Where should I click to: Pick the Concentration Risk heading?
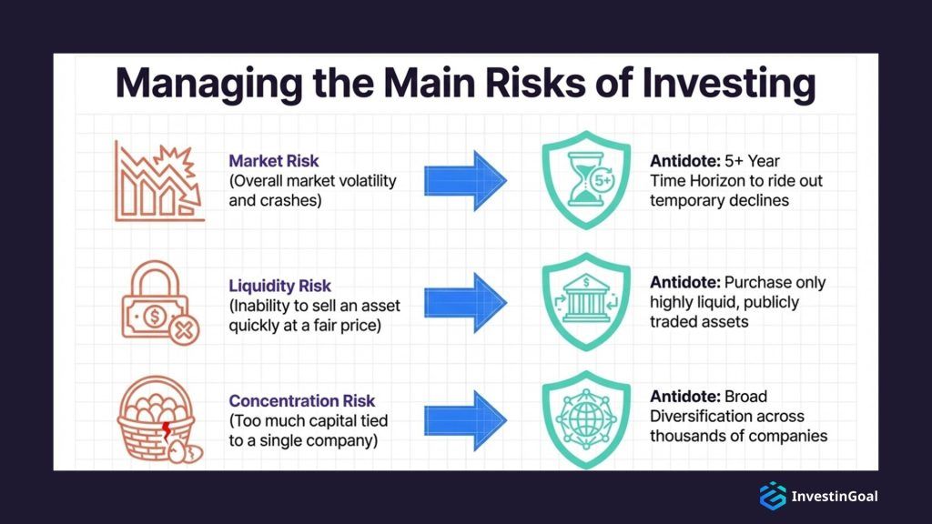301,401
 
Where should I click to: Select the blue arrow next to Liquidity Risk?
464,302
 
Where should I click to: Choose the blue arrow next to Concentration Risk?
464,419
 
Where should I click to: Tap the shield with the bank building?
585,301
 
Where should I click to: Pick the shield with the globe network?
585,419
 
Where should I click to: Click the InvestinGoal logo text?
835,496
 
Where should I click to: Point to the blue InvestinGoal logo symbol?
772,496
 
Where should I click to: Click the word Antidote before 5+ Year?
684,161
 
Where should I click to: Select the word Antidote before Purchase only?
684,282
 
